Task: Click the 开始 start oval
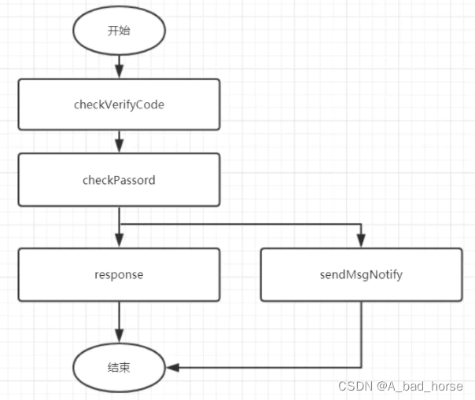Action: point(119,31)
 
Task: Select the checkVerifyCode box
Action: point(119,104)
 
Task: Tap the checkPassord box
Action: point(119,180)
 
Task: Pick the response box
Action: point(119,275)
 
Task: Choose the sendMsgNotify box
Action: point(361,275)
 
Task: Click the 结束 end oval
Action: point(119,367)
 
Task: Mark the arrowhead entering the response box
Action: point(119,242)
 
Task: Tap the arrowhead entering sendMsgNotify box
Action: point(361,242)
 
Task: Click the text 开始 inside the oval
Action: point(119,31)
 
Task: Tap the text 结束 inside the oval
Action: point(119,367)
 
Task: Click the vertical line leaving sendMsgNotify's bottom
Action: point(361,334)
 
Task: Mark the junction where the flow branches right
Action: point(119,223)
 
